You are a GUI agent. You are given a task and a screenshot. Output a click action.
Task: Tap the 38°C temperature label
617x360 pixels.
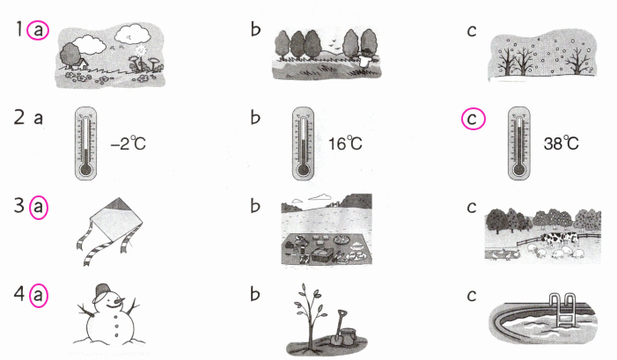coord(562,143)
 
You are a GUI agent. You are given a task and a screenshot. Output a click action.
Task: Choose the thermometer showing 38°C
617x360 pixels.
coord(519,142)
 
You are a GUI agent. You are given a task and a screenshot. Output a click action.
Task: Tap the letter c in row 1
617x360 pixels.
coord(474,33)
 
